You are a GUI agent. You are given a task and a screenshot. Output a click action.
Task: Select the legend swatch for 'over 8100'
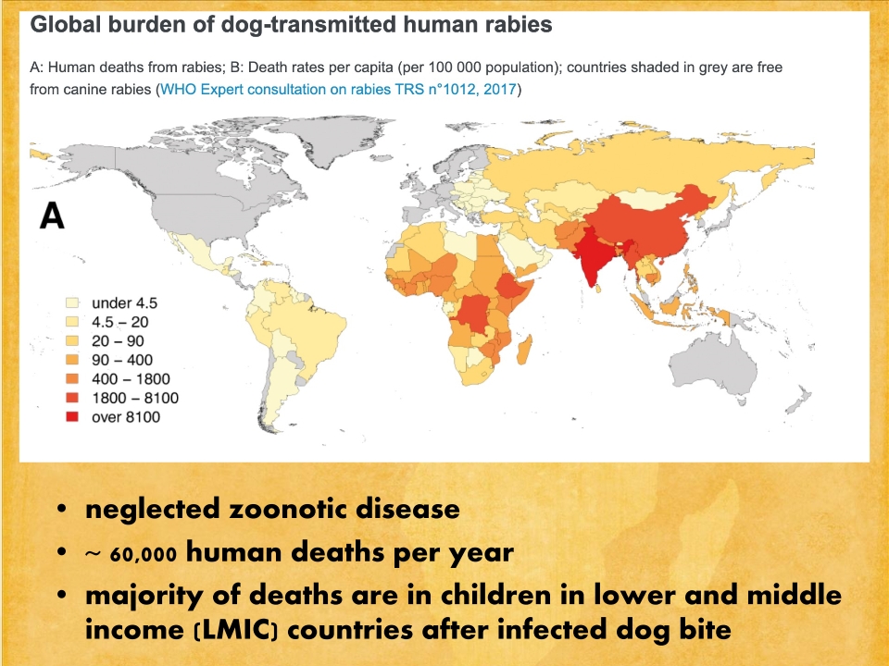pos(71,417)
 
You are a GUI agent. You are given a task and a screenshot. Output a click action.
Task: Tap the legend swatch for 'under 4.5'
pos(71,303)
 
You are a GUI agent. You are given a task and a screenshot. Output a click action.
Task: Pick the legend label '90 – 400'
pos(122,360)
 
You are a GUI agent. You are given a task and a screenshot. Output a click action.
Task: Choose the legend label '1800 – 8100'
pos(135,398)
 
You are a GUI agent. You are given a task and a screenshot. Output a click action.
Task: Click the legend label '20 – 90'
pos(118,341)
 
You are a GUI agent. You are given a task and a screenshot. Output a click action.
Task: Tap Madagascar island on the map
pos(524,351)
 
